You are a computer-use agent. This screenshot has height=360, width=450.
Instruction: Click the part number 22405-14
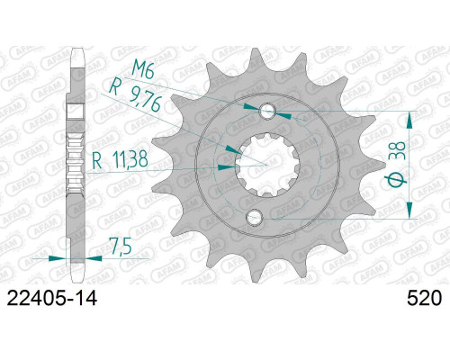tap(52, 298)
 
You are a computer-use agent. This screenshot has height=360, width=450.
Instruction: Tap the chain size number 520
tap(424, 298)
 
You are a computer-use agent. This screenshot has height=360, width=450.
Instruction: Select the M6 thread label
tap(143, 71)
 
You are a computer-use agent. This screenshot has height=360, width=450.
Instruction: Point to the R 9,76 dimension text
tap(135, 95)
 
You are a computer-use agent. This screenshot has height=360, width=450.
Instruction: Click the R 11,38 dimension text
tap(120, 159)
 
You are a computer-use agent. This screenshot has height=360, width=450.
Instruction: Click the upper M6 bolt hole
tap(267, 112)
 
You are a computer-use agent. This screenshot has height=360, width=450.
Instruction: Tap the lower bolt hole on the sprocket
tap(254, 217)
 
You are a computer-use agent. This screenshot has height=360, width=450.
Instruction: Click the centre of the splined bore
tap(266, 165)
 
